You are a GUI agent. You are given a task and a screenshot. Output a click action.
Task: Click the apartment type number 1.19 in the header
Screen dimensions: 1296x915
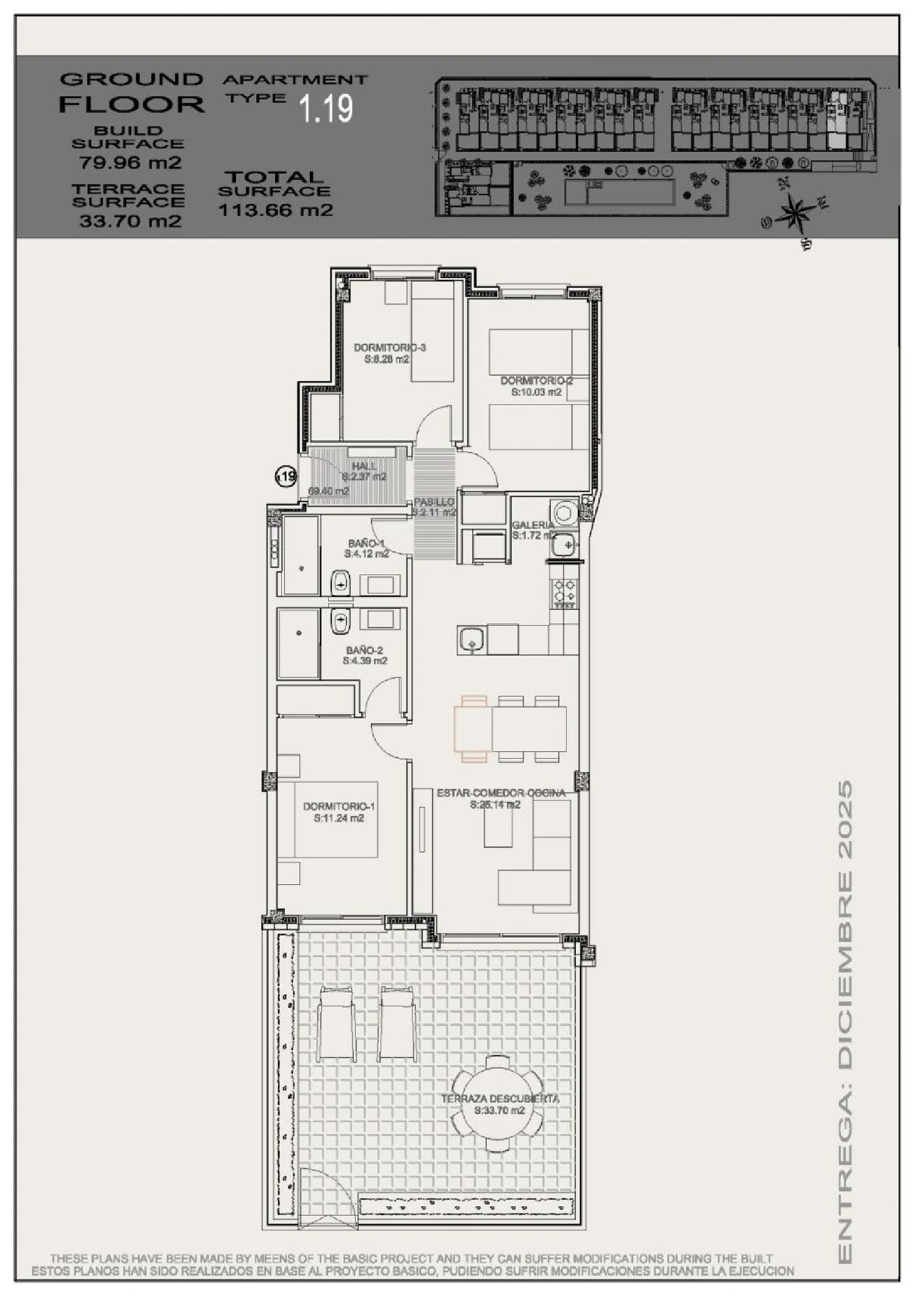tap(326, 108)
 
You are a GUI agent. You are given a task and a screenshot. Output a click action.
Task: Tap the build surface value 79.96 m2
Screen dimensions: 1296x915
tap(130, 163)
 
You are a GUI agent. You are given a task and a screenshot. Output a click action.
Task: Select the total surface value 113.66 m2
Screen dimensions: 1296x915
tap(275, 210)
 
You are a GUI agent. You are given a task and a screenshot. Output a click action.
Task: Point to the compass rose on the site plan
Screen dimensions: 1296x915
tap(794, 212)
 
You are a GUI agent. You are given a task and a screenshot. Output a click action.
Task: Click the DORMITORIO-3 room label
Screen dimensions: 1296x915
tap(390, 348)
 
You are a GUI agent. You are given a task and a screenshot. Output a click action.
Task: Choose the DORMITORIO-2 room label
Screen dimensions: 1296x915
tap(536, 381)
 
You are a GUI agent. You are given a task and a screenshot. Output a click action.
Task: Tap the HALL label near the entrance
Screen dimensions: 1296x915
tap(364, 467)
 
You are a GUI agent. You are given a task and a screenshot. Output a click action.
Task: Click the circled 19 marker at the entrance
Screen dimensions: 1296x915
tap(285, 476)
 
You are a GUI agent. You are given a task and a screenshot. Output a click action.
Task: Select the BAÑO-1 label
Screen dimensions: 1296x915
tap(367, 543)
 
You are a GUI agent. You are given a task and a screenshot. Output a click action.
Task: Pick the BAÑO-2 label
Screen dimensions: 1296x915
tap(364, 651)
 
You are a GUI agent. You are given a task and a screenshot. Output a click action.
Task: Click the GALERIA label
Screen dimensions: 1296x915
tap(533, 525)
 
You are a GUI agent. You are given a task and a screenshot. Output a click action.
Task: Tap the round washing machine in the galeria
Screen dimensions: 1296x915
tap(563, 510)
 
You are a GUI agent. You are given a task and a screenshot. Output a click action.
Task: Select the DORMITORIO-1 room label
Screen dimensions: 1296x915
tap(339, 807)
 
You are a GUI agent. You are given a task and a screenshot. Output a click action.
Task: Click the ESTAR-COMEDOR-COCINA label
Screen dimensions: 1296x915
tap(501, 793)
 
